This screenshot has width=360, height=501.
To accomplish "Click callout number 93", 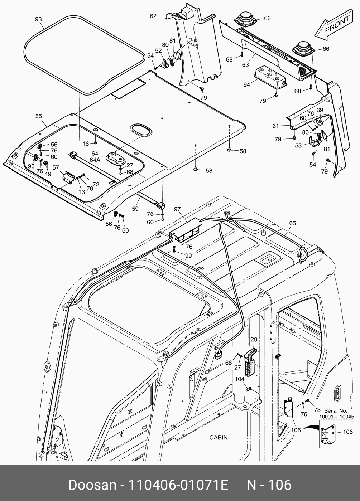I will (39, 19).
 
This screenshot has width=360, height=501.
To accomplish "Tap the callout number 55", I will (39, 116).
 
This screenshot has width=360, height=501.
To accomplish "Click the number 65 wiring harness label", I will (292, 223).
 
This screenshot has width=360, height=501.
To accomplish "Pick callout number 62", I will (153, 16).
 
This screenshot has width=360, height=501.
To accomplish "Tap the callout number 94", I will (246, 85).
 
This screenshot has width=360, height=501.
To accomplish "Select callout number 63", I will (245, 65).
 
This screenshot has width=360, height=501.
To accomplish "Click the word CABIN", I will (218, 437).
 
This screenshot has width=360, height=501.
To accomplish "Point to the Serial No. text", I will (336, 410).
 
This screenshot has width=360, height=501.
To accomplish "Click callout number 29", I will (254, 339).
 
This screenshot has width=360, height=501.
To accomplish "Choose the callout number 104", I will (240, 379).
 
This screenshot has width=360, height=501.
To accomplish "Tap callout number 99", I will (188, 256).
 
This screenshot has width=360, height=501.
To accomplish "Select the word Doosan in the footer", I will (92, 485).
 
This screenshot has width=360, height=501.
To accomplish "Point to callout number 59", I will (135, 208).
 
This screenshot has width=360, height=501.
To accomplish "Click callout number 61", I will (275, 126).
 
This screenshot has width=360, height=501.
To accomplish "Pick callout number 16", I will (86, 144).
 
